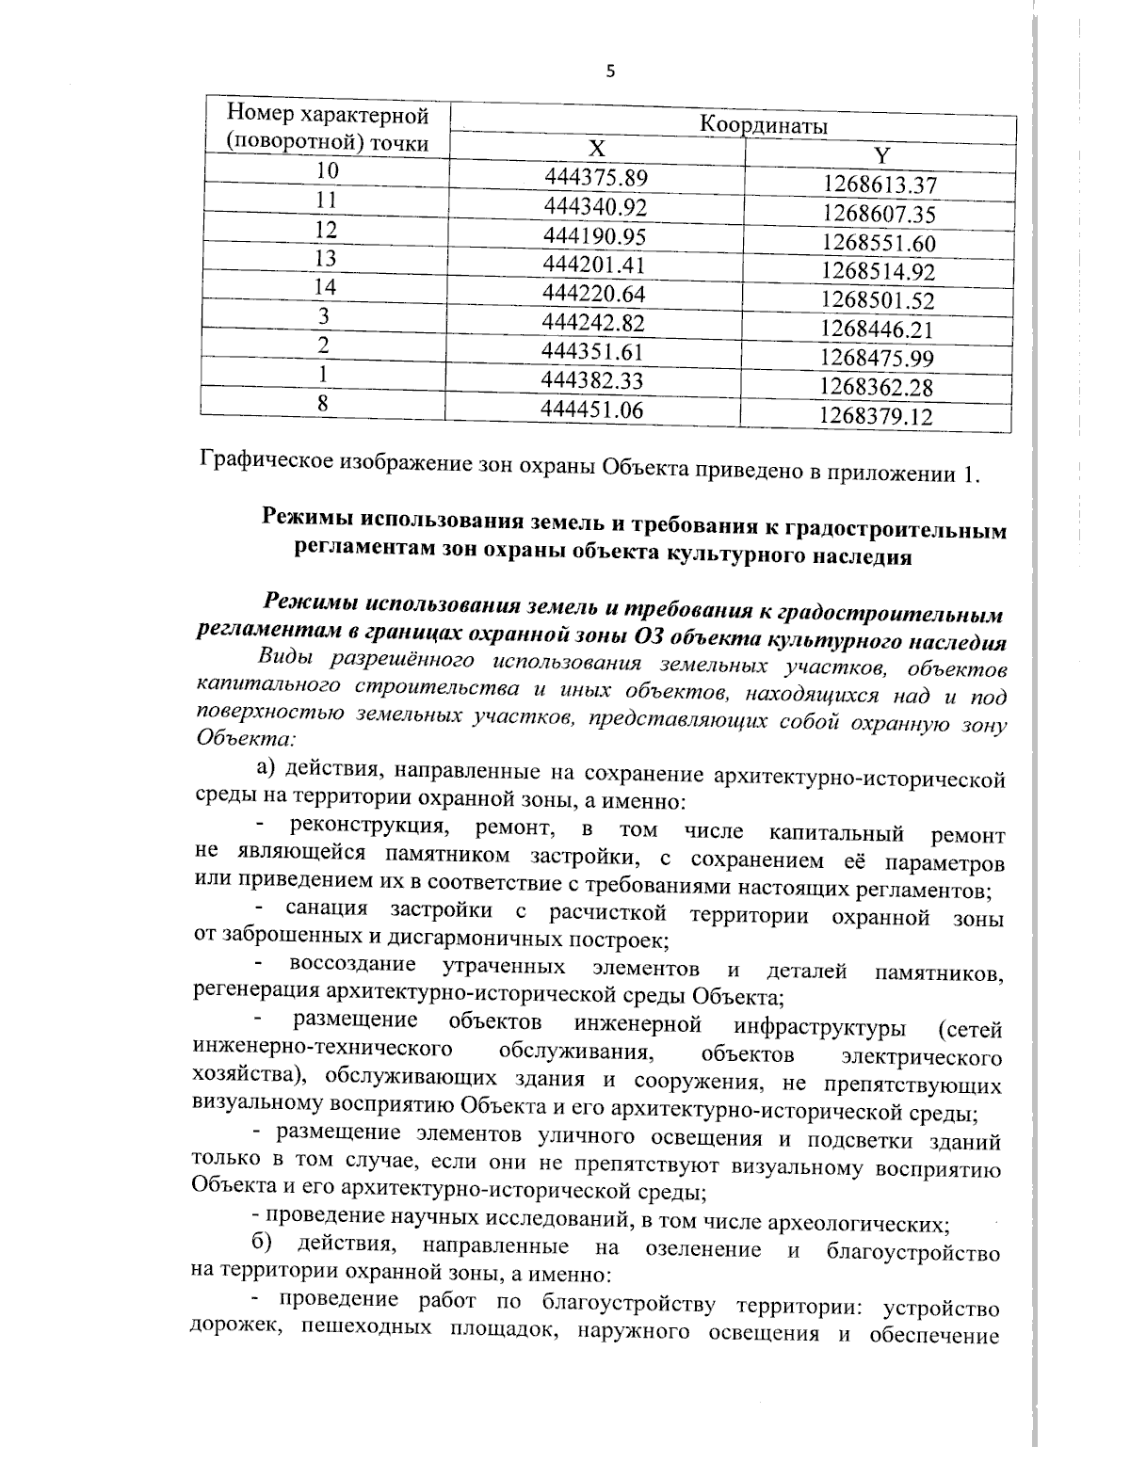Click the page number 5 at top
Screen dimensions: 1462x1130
[609, 71]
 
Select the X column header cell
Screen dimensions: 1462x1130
[597, 149]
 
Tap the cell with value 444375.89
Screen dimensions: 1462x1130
[596, 177]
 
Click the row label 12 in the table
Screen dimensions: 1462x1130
[326, 230]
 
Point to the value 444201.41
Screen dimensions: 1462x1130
[594, 265]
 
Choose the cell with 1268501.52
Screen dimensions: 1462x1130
[878, 301]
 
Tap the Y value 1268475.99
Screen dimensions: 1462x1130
[877, 359]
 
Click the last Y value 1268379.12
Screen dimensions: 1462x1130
[876, 416]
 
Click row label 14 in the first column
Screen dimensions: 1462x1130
[326, 288]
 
